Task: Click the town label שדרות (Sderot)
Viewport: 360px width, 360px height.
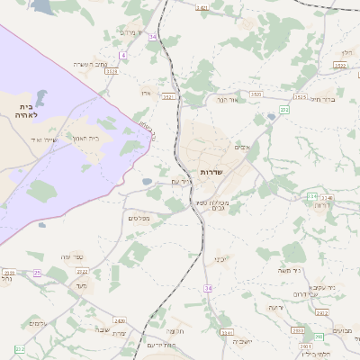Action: (211, 171)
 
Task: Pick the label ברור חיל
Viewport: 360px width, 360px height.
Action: (320, 99)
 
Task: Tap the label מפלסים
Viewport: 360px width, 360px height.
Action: (139, 217)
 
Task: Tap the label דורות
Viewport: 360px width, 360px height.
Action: (321, 205)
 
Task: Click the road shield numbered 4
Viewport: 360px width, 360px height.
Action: (122, 56)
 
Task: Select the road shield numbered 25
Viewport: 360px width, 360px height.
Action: (37, 272)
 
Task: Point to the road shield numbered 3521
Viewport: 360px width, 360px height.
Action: (167, 96)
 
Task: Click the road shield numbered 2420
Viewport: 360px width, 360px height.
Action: (120, 320)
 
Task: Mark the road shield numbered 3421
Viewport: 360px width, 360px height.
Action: (202, 7)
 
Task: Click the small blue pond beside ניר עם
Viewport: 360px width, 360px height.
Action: (147, 182)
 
